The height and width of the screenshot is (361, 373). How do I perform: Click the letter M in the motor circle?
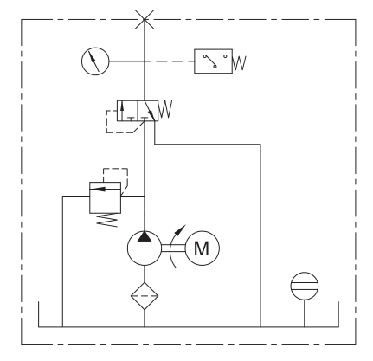pyautogui.click(x=202, y=248)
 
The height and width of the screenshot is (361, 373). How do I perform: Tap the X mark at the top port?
pyautogui.click(x=145, y=19)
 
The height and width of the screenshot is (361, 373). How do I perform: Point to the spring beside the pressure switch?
pyautogui.click(x=240, y=63)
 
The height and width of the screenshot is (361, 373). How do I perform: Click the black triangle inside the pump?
pyautogui.click(x=145, y=236)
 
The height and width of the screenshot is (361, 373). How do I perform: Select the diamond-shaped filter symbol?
pyautogui.click(x=145, y=296)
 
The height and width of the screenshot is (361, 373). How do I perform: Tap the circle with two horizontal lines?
pyautogui.click(x=305, y=273)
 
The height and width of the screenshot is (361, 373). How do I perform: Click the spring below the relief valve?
pyautogui.click(x=107, y=220)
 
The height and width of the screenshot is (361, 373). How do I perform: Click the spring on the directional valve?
pyautogui.click(x=165, y=109)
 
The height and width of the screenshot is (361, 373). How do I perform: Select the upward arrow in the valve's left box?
pyautogui.click(x=122, y=111)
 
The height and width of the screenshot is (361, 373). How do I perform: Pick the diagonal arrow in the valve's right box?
pyautogui.click(x=149, y=110)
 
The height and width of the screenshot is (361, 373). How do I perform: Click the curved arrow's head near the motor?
pyautogui.click(x=182, y=229)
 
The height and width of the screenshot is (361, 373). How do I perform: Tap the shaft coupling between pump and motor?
pyautogui.click(x=173, y=248)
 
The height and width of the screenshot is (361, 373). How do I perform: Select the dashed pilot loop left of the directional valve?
pyautogui.click(x=106, y=122)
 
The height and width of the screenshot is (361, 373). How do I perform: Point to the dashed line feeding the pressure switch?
pyautogui.click(x=170, y=61)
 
